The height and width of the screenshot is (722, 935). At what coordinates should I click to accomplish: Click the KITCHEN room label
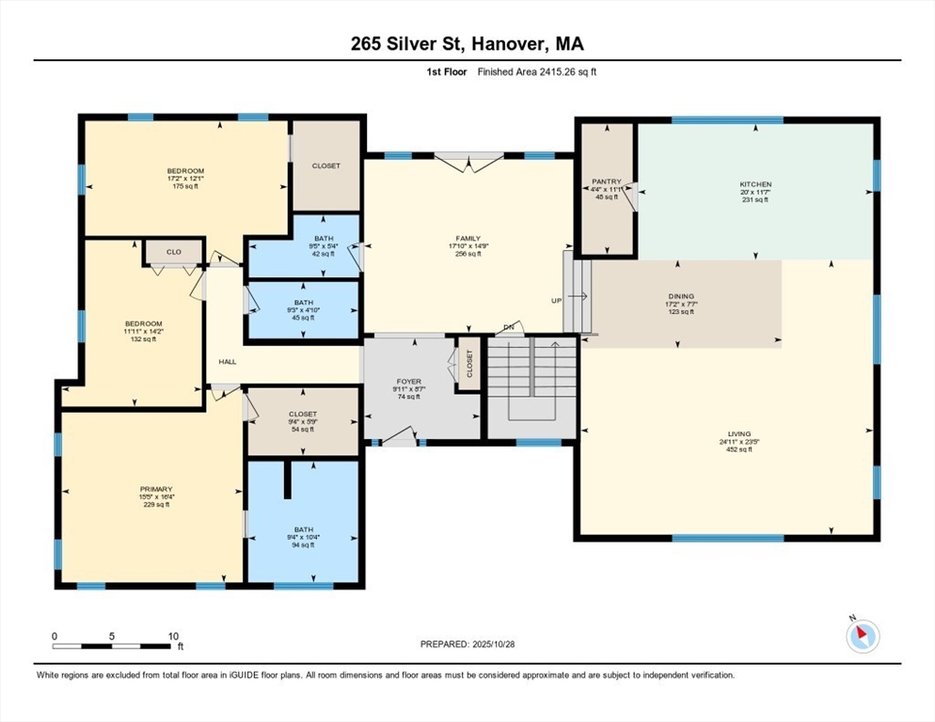coord(755,184)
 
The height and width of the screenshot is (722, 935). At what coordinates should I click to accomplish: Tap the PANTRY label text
coord(607,181)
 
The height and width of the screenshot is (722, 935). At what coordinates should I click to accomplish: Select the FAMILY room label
coord(468,239)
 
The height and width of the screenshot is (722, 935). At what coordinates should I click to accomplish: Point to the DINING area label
coord(681,296)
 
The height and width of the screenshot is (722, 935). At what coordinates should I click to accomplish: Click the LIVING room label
coord(739,434)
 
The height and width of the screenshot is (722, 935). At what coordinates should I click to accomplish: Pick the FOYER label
coord(409,382)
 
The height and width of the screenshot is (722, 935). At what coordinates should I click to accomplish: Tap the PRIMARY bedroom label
coord(156,490)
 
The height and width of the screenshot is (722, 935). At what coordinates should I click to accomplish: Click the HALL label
coord(228,361)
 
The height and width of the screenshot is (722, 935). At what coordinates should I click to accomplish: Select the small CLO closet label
coord(173,252)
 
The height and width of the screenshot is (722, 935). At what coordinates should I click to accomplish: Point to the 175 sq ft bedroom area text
coord(186,186)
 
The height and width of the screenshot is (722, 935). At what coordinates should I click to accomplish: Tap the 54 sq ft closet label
coord(303,430)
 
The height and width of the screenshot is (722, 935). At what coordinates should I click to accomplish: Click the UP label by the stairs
coord(556,301)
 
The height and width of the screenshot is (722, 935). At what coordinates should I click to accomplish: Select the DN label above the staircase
coord(509,327)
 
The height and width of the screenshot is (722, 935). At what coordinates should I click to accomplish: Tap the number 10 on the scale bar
coord(173,636)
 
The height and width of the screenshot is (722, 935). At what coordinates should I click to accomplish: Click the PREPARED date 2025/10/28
coord(493,645)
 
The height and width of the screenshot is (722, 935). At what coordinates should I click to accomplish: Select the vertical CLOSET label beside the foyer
coord(469,364)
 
